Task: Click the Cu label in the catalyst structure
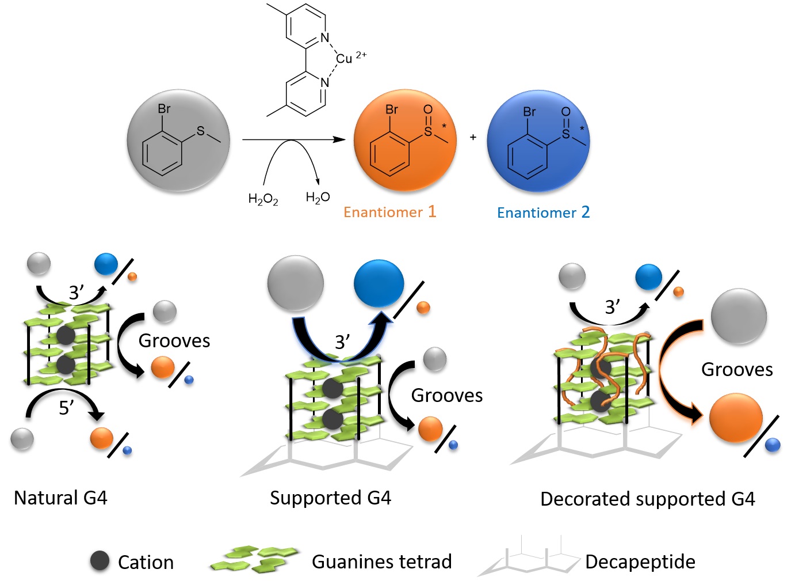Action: [344, 58]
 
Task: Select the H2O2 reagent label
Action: [263, 199]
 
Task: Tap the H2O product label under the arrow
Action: [318, 198]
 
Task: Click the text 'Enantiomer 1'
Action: [389, 212]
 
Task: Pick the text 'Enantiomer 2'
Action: [543, 213]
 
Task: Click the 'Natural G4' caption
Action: [60, 498]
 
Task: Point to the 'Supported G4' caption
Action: [330, 498]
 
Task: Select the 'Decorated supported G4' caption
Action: [647, 499]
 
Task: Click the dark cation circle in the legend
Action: [100, 560]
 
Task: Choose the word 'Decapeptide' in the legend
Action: [640, 562]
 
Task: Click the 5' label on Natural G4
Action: [66, 408]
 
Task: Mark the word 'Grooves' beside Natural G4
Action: [174, 340]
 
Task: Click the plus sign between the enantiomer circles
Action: [473, 137]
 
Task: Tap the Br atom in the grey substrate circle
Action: [164, 109]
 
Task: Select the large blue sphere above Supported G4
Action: [379, 283]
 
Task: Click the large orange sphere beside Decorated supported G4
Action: [736, 418]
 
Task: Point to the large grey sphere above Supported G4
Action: [296, 284]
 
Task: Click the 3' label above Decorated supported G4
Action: [613, 307]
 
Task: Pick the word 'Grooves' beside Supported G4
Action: [447, 395]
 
